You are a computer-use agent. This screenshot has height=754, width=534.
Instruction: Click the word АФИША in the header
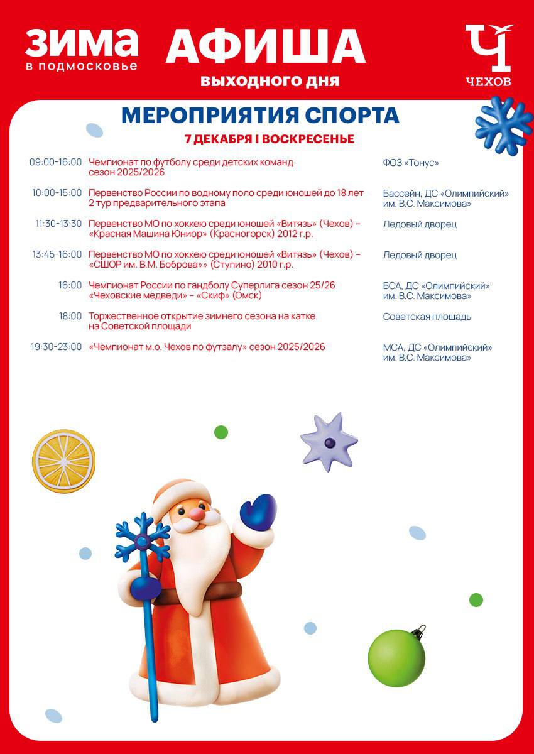265,47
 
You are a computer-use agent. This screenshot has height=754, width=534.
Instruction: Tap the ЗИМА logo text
82,42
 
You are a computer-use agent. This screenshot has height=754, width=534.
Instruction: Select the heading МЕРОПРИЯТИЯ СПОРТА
260,116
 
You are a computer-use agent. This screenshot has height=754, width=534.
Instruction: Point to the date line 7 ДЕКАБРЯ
269,139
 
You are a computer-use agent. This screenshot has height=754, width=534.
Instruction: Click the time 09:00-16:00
55,162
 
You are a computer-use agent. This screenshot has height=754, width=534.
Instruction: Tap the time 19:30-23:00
55,347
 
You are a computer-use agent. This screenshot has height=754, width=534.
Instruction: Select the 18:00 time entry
70,316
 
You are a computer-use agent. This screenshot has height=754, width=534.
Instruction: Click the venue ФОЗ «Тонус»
411,163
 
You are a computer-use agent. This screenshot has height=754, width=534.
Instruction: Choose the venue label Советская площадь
427,317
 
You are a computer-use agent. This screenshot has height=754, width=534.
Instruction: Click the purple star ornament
329,442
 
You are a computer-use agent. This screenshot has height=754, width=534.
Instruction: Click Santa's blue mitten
258,512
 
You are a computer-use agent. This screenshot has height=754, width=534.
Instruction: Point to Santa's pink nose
197,514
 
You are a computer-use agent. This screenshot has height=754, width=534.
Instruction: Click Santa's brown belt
214,591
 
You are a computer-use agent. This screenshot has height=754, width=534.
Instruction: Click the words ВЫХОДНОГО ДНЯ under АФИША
270,81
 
